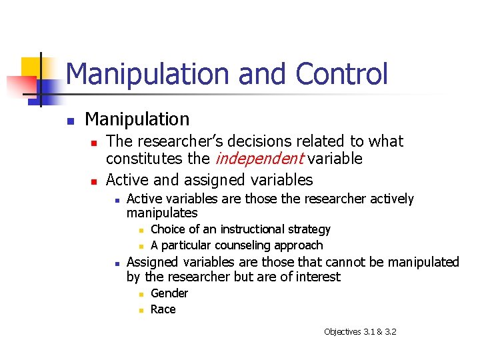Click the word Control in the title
[x=341, y=73]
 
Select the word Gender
[x=169, y=293]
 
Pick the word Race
[x=163, y=309]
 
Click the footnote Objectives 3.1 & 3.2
[x=360, y=331]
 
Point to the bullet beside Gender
[x=141, y=294]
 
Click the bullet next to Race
[x=141, y=310]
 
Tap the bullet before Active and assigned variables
[x=95, y=181]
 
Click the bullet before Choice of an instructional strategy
[x=141, y=230]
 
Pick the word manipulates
[x=162, y=213]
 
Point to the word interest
[x=317, y=277]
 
